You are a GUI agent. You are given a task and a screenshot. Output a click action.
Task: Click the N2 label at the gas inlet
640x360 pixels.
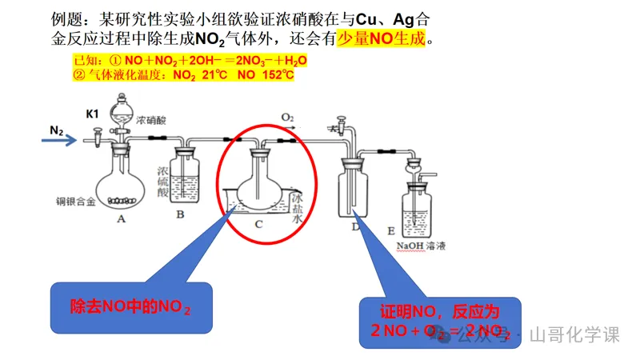pos(57,130)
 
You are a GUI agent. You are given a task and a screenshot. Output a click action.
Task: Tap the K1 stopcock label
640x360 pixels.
pos(93,114)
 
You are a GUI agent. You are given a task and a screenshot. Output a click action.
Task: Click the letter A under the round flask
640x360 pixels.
pos(122,218)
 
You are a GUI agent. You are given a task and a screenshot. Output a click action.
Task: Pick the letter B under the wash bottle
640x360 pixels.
pos(181,214)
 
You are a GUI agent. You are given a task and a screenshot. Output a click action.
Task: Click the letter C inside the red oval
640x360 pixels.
pos(258,223)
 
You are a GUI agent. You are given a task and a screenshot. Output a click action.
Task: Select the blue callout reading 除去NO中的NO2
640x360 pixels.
pos(130,306)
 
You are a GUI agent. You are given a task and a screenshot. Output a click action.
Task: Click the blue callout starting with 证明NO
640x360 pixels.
pos(438,320)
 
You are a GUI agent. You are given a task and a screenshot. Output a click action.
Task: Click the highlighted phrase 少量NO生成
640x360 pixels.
pos(382,38)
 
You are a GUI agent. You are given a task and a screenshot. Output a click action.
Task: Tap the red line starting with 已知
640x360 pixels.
pos(190,61)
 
